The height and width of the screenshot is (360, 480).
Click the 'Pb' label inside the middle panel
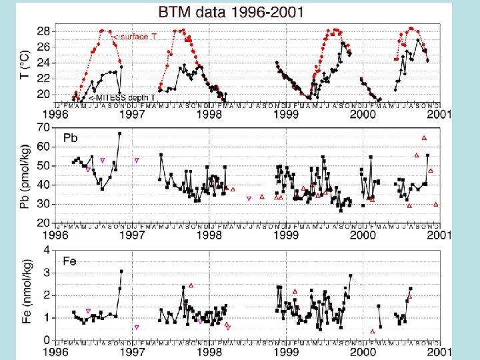click(71, 137)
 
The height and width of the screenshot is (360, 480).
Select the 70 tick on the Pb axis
click(44, 127)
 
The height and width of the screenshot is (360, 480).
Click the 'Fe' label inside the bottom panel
click(71, 261)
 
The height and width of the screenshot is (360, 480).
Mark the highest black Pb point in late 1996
click(119, 133)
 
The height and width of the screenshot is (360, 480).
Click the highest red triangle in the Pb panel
click(424, 138)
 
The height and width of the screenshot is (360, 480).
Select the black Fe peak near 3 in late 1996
click(121, 271)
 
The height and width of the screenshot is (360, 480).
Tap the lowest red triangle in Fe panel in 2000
click(372, 332)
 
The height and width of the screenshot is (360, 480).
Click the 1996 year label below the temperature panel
click(57, 115)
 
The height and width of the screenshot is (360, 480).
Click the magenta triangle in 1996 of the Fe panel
click(88, 311)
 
